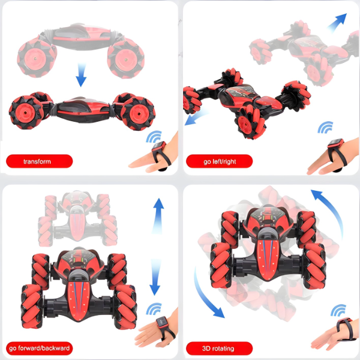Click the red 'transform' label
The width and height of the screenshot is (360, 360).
coord(39,161)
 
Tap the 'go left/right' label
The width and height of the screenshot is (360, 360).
coord(219,161)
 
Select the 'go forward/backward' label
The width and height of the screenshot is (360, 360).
coord(39,348)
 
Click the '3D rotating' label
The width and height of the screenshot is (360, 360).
coord(219,348)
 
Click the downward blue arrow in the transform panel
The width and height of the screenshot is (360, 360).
coord(81,75)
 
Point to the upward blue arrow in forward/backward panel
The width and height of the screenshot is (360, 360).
coord(158,216)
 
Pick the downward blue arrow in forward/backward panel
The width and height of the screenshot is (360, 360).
coord(155,277)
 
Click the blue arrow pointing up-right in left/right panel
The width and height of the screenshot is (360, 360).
coord(337,22)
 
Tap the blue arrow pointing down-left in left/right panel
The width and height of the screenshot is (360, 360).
coord(196,117)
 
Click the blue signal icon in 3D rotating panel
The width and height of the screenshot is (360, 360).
coord(338,310)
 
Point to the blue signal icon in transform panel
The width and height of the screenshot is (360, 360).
coord(154,137)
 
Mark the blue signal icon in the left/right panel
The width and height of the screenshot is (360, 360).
coord(326,127)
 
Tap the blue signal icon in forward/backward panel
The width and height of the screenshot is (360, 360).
coord(154,309)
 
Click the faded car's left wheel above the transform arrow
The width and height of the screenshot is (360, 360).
coord(37,58)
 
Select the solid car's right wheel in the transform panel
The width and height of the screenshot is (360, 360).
coord(138,113)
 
